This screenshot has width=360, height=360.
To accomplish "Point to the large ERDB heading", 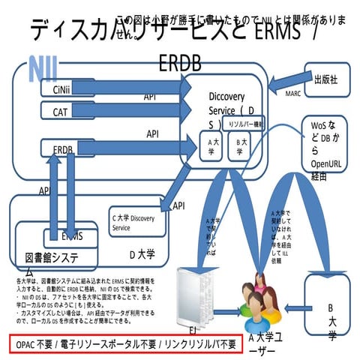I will pyautogui.click(x=180, y=64).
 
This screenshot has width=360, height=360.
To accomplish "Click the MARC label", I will pyautogui.click(x=292, y=94).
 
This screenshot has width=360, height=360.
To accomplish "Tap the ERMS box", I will pyautogui.click(x=72, y=236).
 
